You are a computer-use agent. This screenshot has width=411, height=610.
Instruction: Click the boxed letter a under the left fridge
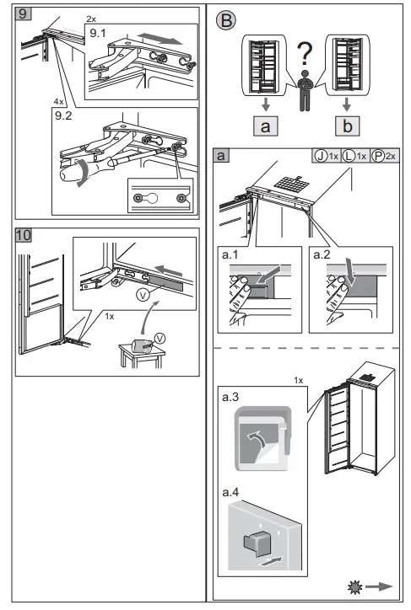[x=268, y=128]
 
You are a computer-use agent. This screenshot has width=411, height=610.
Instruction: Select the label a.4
[x=241, y=486]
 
